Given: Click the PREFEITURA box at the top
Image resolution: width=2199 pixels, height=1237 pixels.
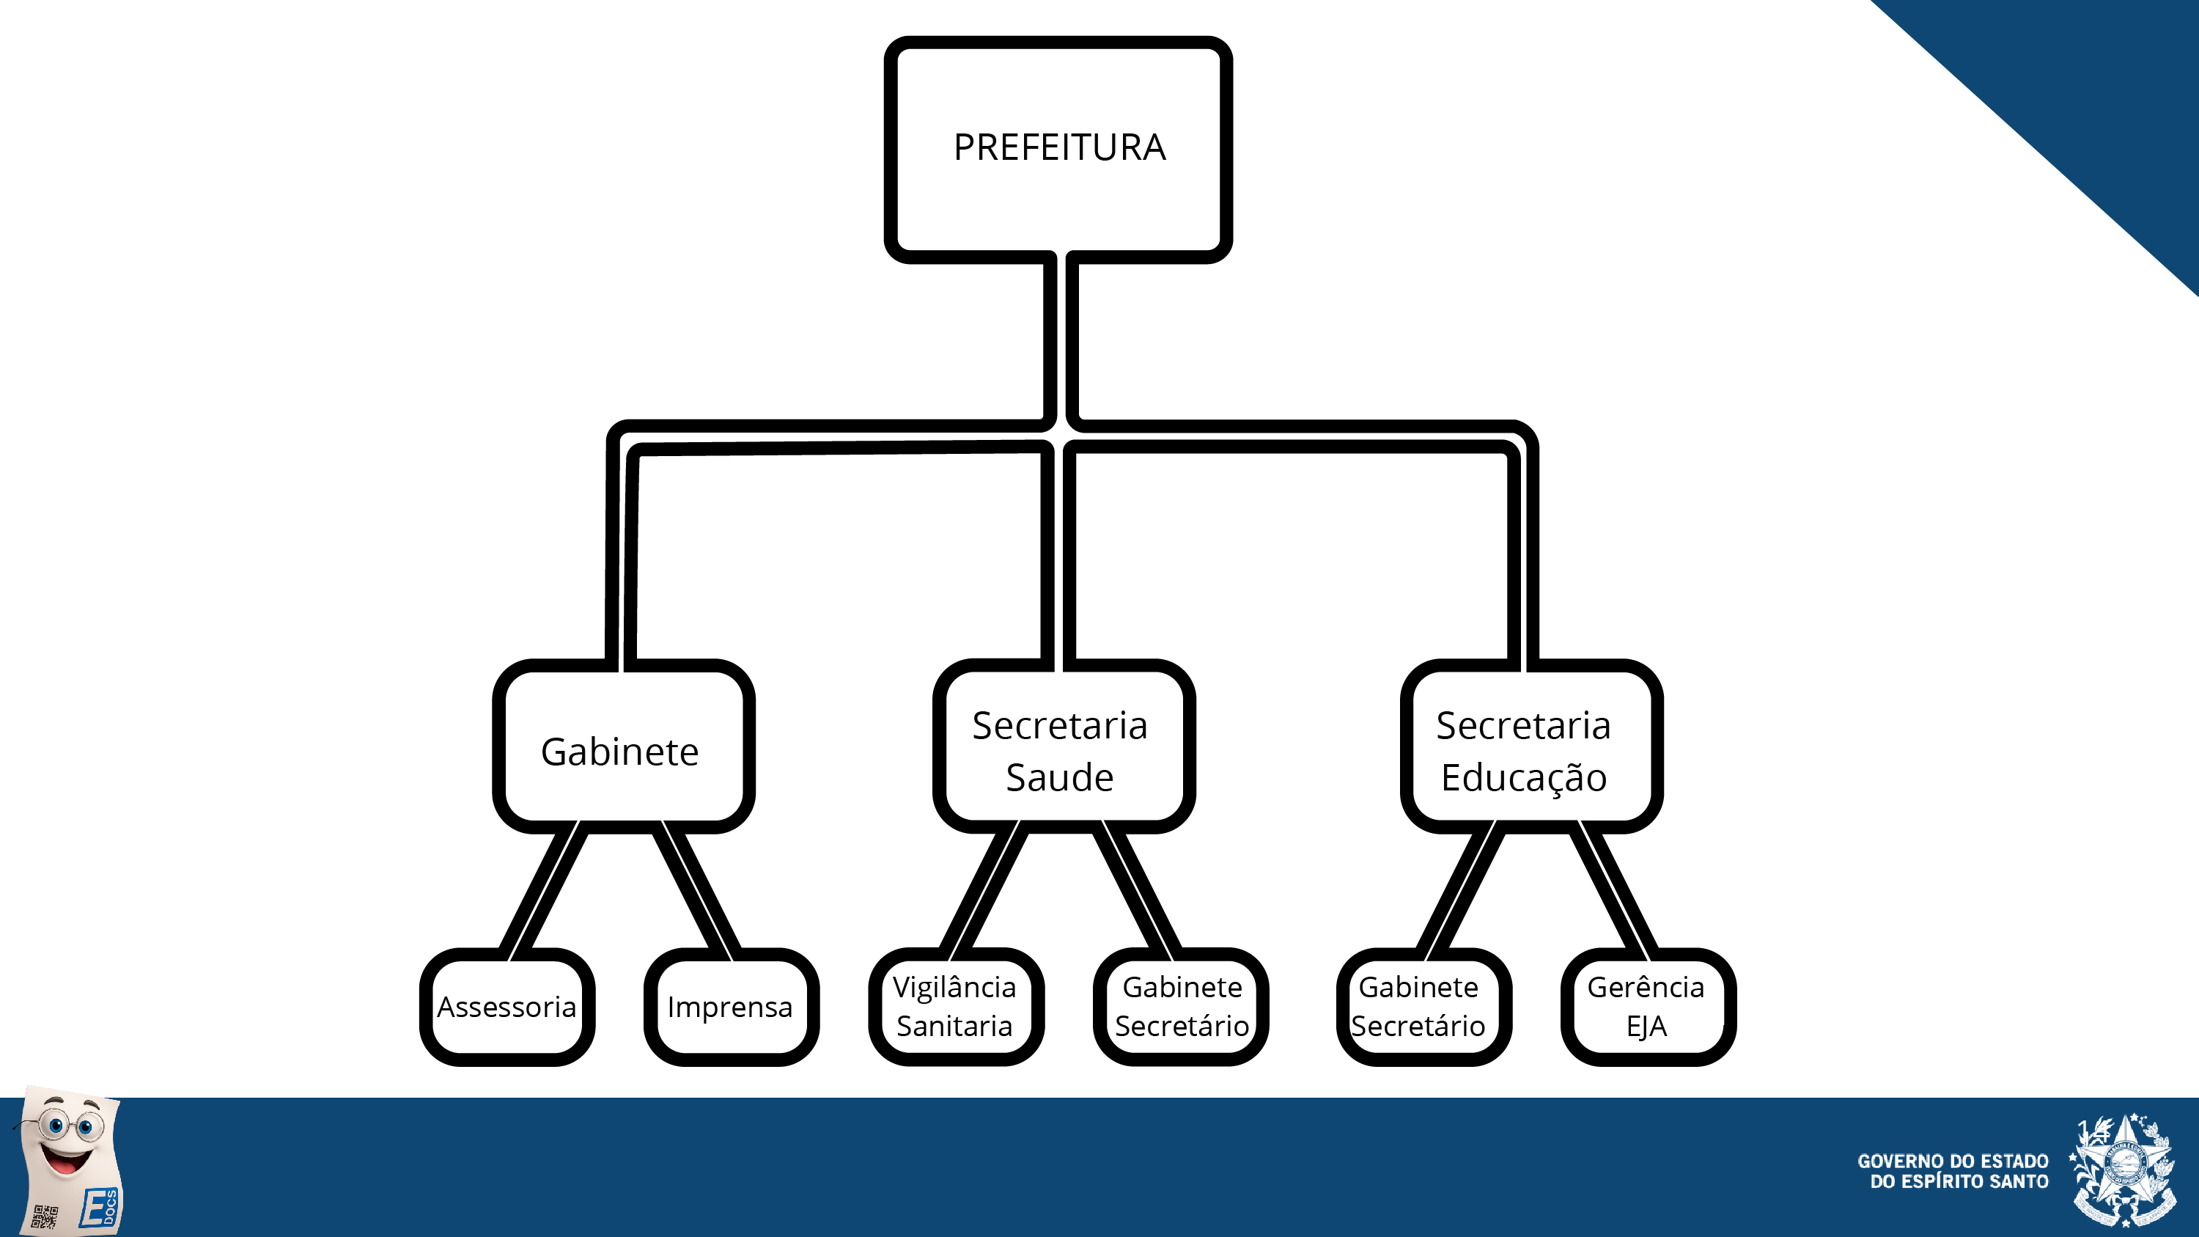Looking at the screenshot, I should tap(1058, 149).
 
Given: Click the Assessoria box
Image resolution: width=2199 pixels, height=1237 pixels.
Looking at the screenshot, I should tap(507, 1007).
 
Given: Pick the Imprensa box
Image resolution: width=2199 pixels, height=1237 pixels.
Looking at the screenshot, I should tap(731, 1007).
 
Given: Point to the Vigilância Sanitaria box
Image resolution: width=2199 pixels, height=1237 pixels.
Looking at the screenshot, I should tap(955, 1007).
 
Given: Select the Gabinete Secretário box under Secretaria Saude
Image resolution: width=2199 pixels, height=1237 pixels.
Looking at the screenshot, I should tap(1181, 1007).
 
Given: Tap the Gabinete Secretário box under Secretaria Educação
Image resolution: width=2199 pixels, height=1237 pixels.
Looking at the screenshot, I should tap(1423, 1007).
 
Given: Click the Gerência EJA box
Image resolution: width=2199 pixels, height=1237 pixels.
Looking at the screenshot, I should tap(1648, 1007).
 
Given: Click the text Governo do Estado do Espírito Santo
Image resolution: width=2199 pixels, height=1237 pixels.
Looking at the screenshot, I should tap(1953, 1171).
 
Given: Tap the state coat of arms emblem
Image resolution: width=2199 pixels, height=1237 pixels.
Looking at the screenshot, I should tap(2122, 1170).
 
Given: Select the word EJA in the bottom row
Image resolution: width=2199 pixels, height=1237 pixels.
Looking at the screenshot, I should tap(1647, 1026).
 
